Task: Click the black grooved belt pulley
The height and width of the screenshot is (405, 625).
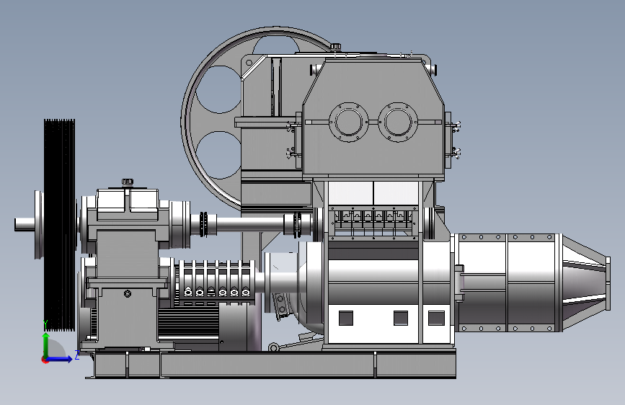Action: pos(59,225)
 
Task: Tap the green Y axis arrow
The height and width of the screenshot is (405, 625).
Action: pos(46,345)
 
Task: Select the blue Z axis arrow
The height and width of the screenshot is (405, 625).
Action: pos(59,359)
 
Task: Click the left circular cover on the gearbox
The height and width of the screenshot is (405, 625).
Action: pos(349,122)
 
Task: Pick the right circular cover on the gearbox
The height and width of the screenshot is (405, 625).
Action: pos(398,122)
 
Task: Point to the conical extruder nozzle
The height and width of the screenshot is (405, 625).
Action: pos(585,282)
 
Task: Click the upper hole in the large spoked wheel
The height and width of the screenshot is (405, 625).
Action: pos(218,89)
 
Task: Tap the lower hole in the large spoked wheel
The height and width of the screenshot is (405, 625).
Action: pos(218,155)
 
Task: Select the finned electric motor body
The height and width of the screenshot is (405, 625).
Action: pos(188,323)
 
